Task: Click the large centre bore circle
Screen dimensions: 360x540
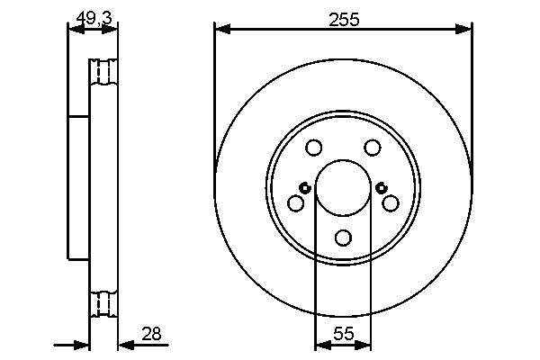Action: pos(343,188)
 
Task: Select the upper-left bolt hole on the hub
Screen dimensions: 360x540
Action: pos(313,148)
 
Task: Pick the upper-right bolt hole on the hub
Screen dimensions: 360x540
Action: pos(372,148)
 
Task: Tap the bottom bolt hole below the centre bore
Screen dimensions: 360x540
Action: pos(343,238)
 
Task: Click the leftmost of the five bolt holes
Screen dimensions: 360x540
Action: pos(295,203)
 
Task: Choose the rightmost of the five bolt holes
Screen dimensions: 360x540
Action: pos(390,203)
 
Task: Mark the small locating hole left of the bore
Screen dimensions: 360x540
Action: pos(304,188)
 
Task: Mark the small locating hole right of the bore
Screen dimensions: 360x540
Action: pos(382,188)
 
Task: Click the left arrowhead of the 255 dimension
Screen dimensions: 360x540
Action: pos(220,30)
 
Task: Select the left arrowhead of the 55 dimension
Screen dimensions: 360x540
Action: pos(320,344)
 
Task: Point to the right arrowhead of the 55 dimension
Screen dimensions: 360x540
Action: pos(364,344)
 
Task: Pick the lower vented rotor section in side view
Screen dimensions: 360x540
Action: pos(104,304)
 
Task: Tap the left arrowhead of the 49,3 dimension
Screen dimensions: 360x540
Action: pos(75,30)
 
